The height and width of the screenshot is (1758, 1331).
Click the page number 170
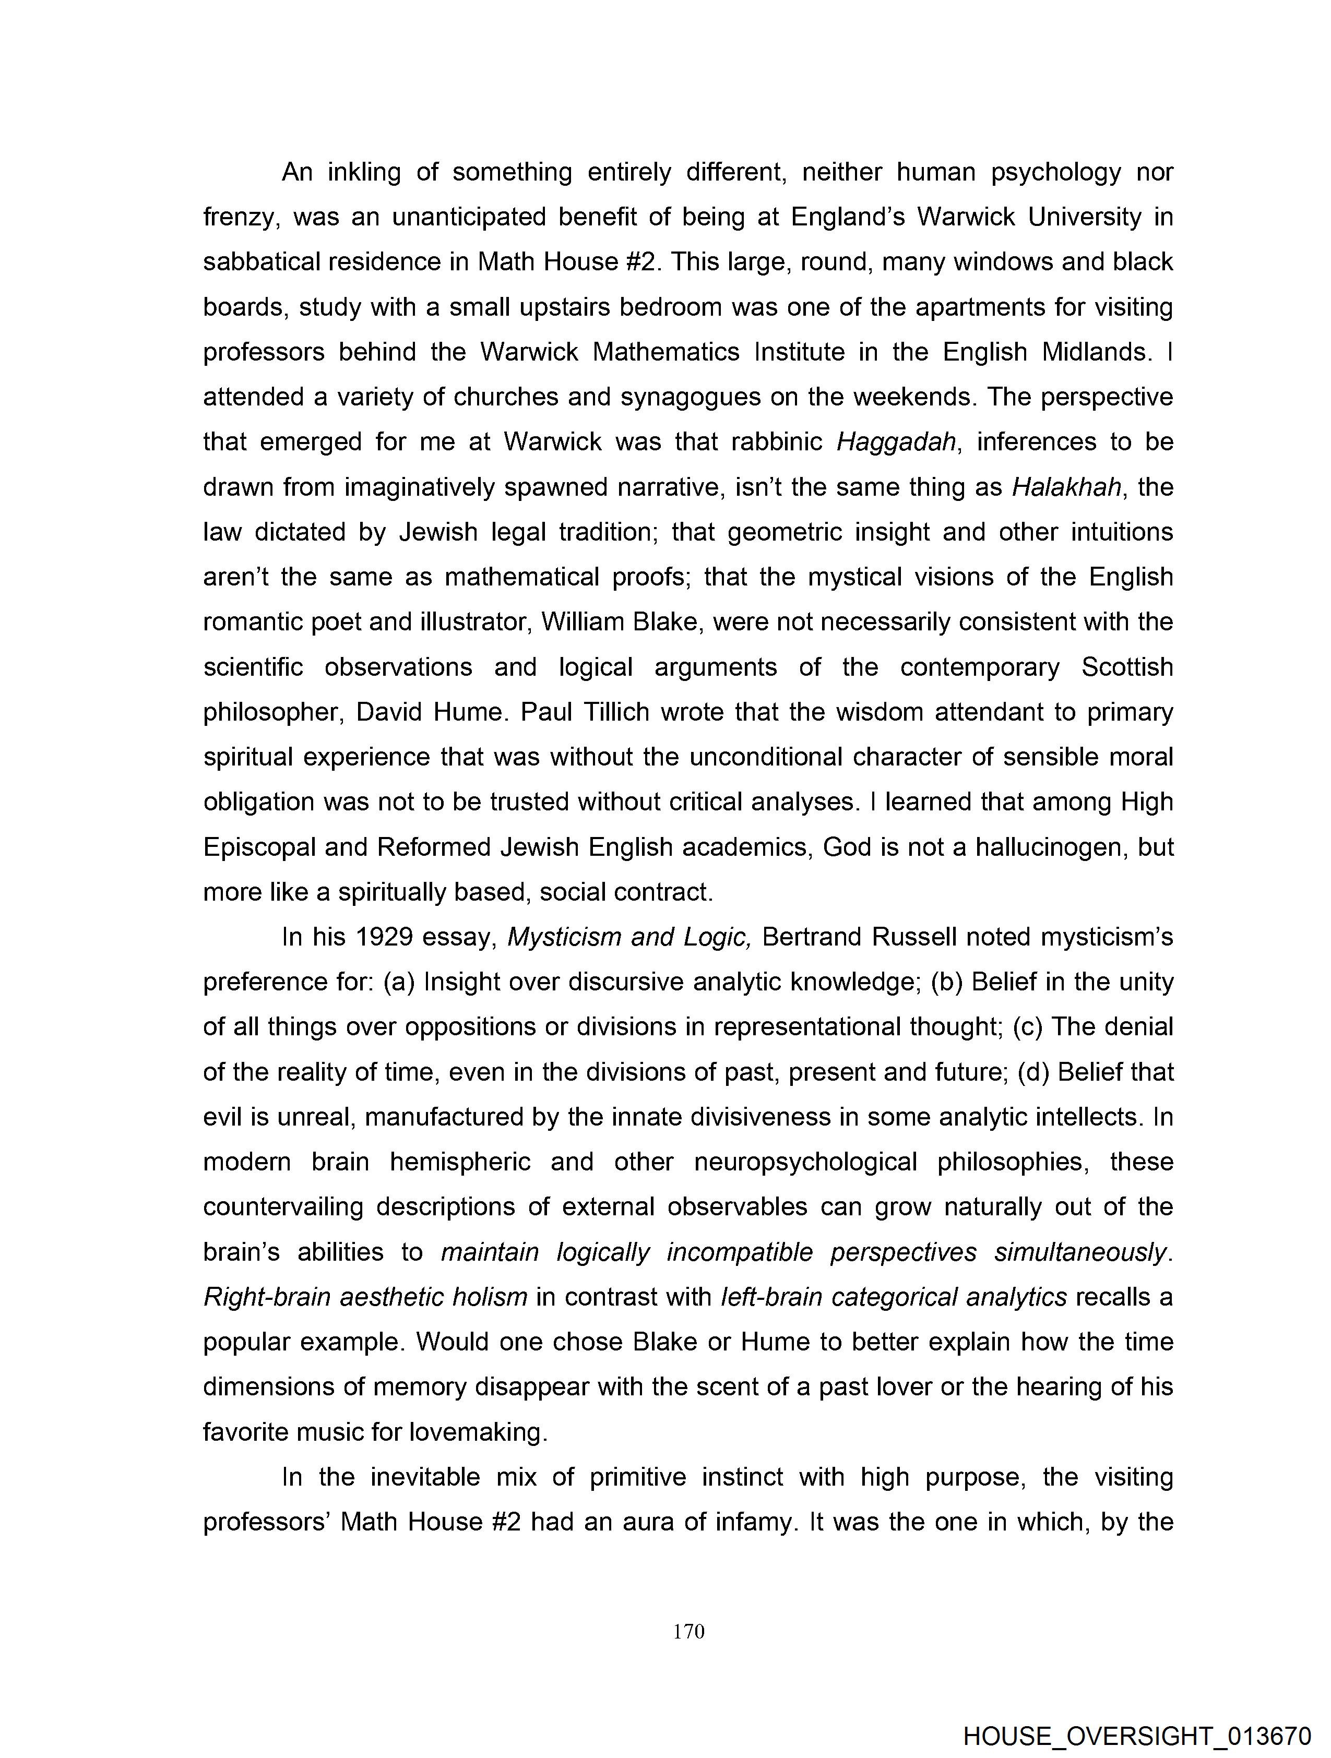(688, 1632)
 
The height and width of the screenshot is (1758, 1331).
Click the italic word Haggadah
(895, 442)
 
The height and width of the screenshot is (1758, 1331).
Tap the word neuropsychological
(805, 1163)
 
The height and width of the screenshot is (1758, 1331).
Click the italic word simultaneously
(1082, 1252)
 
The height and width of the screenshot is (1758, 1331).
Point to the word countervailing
(282, 1207)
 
